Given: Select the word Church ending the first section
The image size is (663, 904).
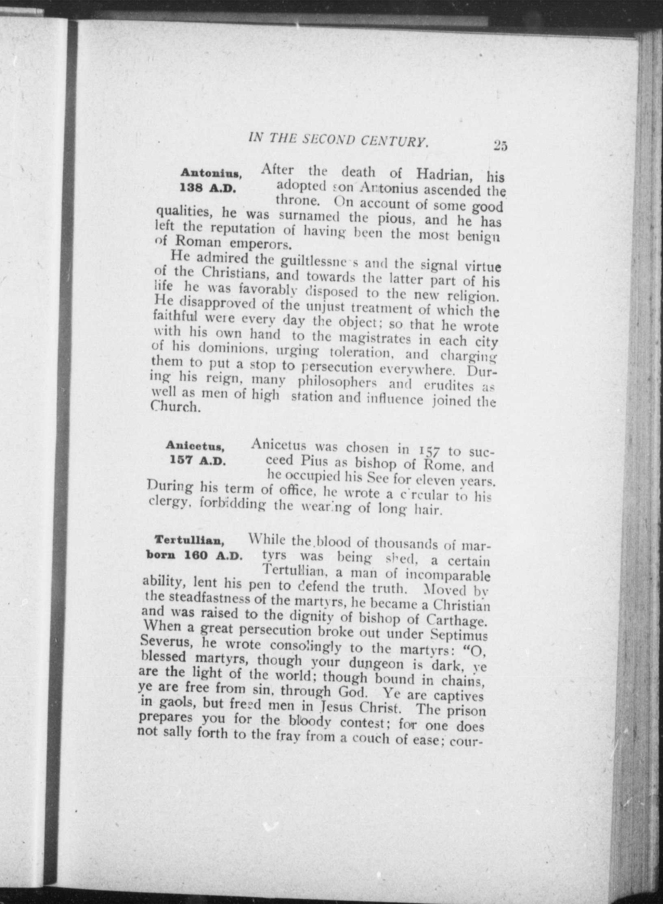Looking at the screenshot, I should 175,407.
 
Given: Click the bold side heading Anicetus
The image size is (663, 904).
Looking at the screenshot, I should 195,446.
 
